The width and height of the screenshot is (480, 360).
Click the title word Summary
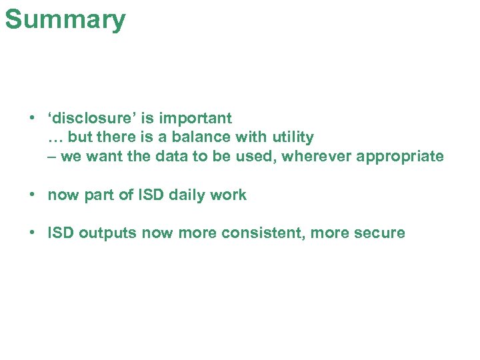coord(65,19)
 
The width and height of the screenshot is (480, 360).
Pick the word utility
coord(293,137)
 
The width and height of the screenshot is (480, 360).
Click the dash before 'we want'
coord(52,157)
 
